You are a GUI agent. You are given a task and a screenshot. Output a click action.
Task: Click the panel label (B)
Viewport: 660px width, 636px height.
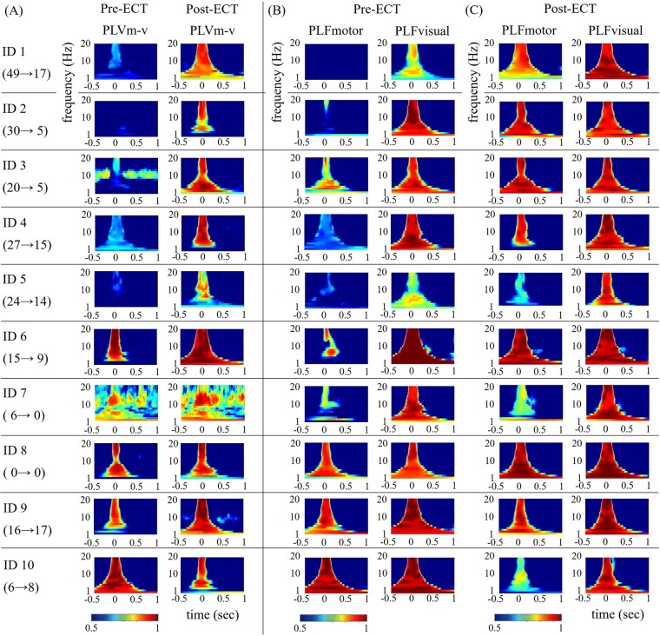(x=279, y=11)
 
